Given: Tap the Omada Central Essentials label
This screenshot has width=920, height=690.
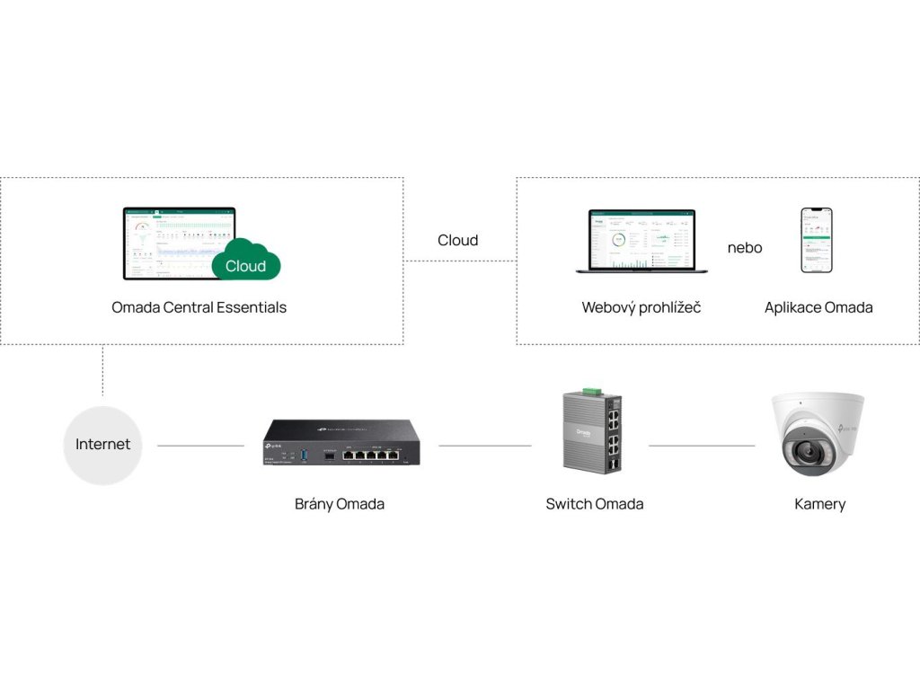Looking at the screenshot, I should pyautogui.click(x=199, y=307).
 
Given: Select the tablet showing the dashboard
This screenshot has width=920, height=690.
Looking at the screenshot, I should pyautogui.click(x=178, y=243).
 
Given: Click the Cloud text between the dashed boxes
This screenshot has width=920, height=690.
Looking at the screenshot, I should pyautogui.click(x=458, y=240).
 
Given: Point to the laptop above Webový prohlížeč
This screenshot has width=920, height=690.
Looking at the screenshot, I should pyautogui.click(x=641, y=241).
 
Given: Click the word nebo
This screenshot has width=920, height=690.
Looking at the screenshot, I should pyautogui.click(x=745, y=248).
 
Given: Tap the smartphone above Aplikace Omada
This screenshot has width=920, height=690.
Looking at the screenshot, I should pyautogui.click(x=817, y=240).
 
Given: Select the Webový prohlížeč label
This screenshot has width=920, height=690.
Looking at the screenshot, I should pyautogui.click(x=641, y=307).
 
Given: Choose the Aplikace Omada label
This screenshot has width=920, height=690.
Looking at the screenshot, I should pyautogui.click(x=818, y=307).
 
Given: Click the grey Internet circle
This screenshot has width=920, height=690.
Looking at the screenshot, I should pyautogui.click(x=102, y=445).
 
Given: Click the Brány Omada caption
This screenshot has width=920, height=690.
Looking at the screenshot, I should pyautogui.click(x=340, y=504).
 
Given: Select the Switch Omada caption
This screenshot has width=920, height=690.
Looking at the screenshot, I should pyautogui.click(x=595, y=504).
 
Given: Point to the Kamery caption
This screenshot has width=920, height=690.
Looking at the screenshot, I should pyautogui.click(x=820, y=504).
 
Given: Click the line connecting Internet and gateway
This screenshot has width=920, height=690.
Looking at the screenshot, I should pyautogui.click(x=200, y=446).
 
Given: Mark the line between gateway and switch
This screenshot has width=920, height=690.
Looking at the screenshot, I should pyautogui.click(x=485, y=446).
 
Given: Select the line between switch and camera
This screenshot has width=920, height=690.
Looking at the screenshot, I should pyautogui.click(x=702, y=446).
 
